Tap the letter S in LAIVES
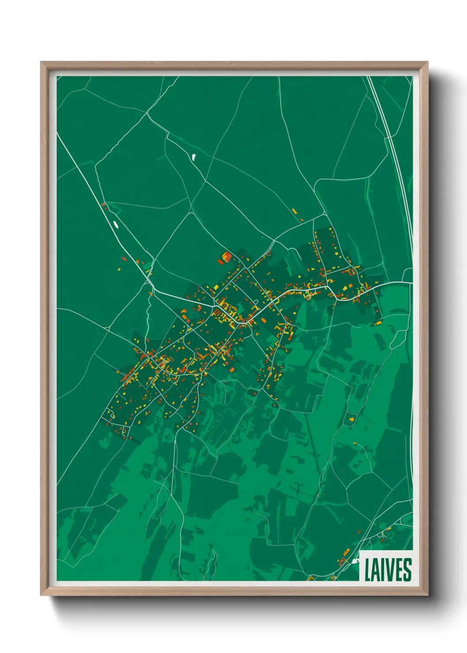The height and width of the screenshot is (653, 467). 407,570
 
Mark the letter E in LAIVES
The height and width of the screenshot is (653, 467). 398,570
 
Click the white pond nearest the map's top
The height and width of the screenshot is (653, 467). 193,156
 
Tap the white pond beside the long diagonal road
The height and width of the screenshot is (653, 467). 116,224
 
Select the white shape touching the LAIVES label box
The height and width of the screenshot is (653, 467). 356,561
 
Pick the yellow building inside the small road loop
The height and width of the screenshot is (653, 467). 256,302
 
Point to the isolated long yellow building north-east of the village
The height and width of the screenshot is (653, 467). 294,211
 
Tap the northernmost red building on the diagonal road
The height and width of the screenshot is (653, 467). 104,205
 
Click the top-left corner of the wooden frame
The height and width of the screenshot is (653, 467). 41,62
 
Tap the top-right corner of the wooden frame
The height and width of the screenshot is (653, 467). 428,62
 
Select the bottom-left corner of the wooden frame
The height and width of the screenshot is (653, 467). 41,595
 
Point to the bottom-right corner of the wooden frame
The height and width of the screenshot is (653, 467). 428,595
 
